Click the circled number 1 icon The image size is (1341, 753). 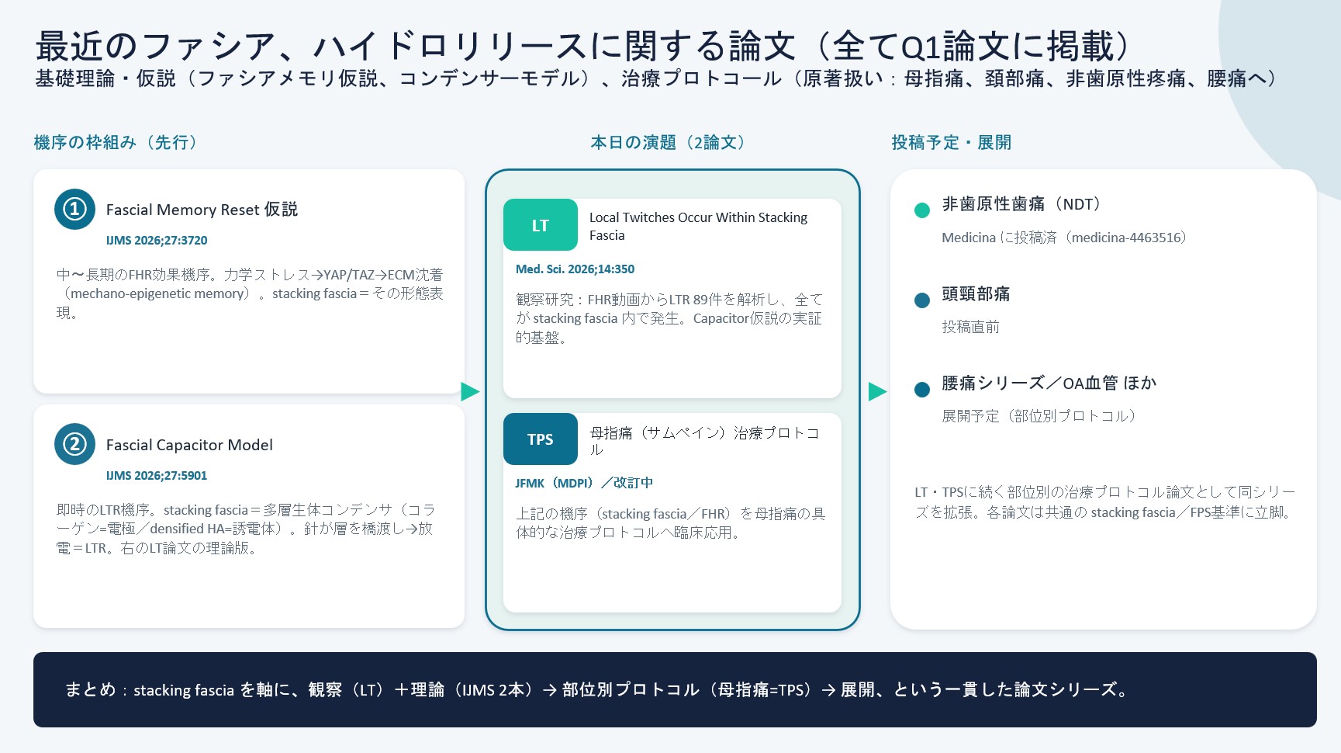click(x=74, y=209)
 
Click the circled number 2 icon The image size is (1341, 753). click(x=74, y=444)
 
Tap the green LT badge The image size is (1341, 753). click(x=541, y=225)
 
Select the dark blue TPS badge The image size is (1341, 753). click(x=541, y=439)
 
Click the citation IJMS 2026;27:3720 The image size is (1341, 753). click(x=157, y=241)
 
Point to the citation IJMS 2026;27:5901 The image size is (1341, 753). click(x=157, y=476)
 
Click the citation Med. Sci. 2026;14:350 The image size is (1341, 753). click(x=575, y=269)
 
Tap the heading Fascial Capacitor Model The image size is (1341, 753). click(x=189, y=445)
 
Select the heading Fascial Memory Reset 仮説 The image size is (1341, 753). click(x=202, y=210)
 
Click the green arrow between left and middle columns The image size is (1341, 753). click(x=470, y=391)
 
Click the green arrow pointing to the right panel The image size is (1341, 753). click(x=877, y=391)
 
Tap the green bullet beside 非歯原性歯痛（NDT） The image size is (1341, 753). click(x=922, y=210)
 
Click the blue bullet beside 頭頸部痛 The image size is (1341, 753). click(x=922, y=300)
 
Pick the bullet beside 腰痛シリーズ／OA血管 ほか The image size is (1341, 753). click(x=922, y=390)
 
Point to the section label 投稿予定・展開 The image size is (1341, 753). click(x=952, y=142)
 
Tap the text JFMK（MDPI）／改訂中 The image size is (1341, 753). click(x=584, y=483)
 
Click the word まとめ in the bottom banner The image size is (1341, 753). click(x=90, y=689)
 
